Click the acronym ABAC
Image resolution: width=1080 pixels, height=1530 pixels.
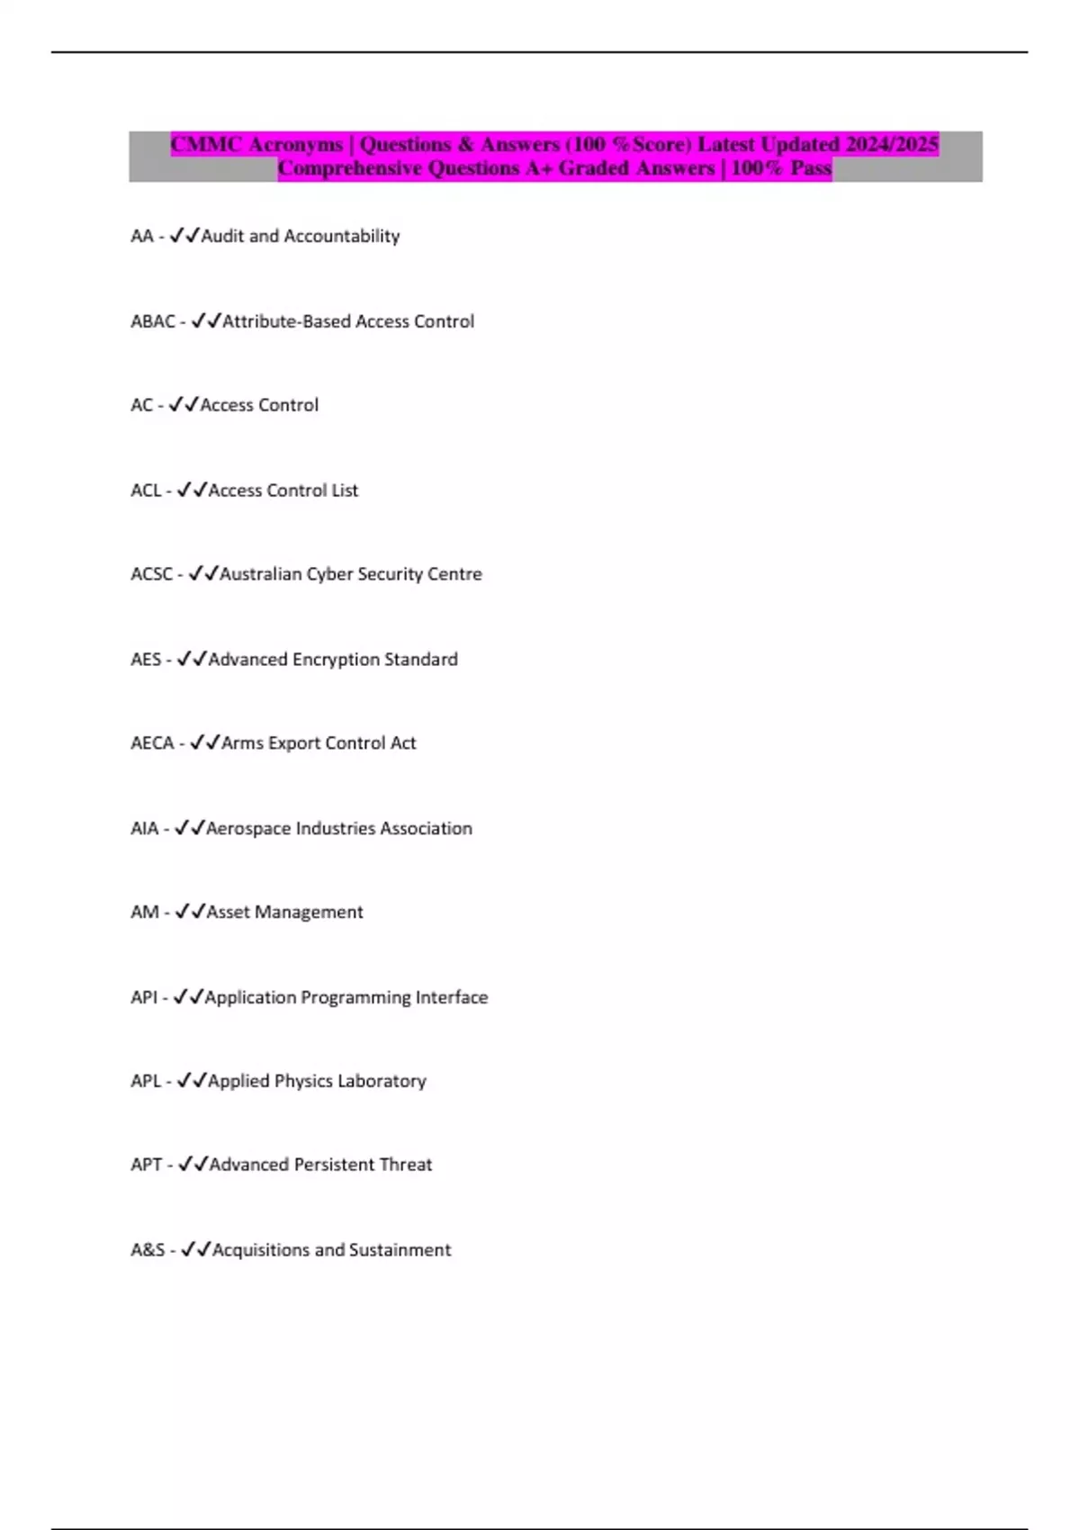(152, 321)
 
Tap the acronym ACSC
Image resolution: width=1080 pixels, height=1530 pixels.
(151, 574)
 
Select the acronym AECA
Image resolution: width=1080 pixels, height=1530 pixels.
(152, 743)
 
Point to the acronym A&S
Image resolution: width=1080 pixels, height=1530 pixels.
(148, 1250)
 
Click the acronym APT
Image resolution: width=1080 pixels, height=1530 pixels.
(147, 1165)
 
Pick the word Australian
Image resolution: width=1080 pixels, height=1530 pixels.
(260, 574)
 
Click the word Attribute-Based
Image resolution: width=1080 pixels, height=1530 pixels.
(285, 321)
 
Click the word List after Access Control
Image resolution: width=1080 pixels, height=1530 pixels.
(345, 490)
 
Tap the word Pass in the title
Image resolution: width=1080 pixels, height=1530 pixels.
(810, 168)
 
